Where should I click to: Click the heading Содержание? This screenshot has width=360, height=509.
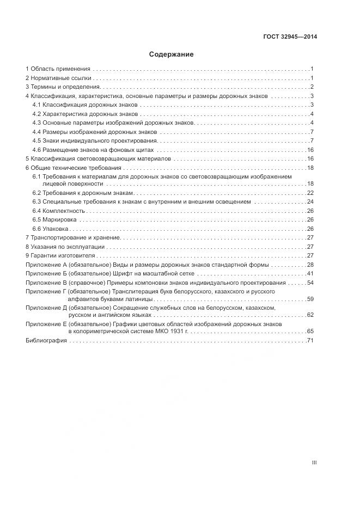pyautogui.click(x=171, y=54)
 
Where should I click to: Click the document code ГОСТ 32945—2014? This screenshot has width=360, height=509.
pyautogui.click(x=290, y=37)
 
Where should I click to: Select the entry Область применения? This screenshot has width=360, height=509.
pyautogui.click(x=60, y=69)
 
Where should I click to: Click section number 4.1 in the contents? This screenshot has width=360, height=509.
pyautogui.click(x=36, y=105)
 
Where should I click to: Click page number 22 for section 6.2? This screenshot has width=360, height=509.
pyautogui.click(x=310, y=193)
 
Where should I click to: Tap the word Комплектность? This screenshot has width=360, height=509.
pyautogui.click(x=64, y=211)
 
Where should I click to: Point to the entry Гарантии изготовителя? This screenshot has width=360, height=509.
pyautogui.click(x=63, y=255)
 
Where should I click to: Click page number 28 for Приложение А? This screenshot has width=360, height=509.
pyautogui.click(x=310, y=265)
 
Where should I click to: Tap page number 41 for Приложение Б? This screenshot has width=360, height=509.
pyautogui.click(x=310, y=273)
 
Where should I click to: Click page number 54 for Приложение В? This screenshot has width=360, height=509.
pyautogui.click(x=310, y=283)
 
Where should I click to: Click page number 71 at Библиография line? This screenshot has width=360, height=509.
pyautogui.click(x=310, y=340)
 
